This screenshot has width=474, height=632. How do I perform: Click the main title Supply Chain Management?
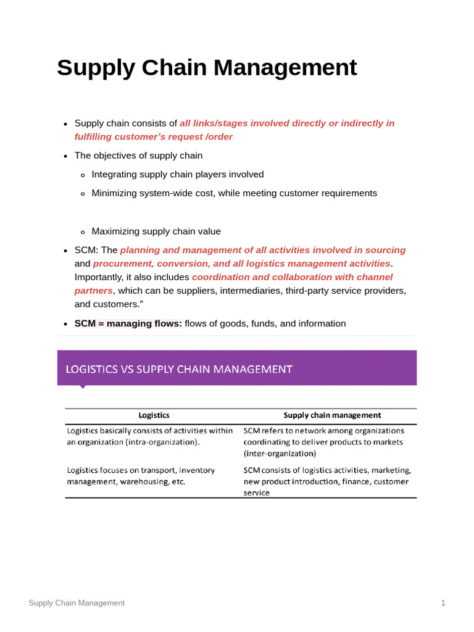207,68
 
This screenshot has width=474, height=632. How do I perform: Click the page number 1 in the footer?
443,603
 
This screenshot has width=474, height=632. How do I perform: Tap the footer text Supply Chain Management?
77,603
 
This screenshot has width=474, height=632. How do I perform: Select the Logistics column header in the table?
154,415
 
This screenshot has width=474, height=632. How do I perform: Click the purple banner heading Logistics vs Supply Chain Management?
179,369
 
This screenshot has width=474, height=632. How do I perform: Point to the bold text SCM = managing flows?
128,323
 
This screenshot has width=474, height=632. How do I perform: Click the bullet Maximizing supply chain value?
156,231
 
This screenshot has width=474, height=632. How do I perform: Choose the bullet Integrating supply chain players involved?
178,174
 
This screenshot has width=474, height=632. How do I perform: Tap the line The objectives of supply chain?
138,156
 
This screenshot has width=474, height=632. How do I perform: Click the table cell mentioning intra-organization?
150,436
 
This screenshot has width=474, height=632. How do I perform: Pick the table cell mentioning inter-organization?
324,442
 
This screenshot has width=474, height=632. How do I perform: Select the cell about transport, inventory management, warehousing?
141,476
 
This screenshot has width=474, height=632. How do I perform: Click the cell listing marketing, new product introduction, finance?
327,481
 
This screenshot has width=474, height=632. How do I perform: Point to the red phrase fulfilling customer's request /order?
154,136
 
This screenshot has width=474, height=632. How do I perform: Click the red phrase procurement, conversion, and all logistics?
241,264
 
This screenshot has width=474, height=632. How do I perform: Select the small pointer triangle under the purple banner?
82,387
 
